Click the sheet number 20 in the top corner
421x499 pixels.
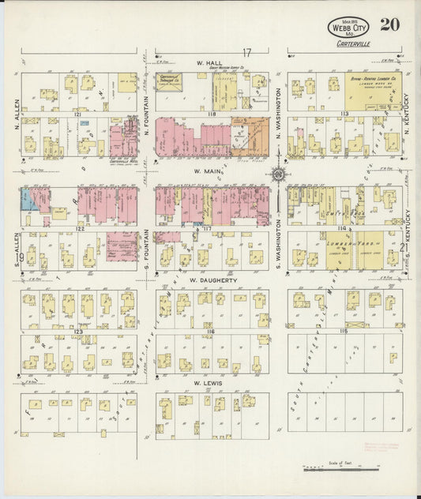click(388, 24)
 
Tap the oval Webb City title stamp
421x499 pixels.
click(348, 29)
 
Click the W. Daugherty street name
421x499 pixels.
click(209, 280)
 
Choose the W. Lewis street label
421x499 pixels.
click(209, 383)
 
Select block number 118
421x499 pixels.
click(211, 114)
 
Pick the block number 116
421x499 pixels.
click(211, 333)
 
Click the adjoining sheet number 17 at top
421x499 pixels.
click(246, 53)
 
